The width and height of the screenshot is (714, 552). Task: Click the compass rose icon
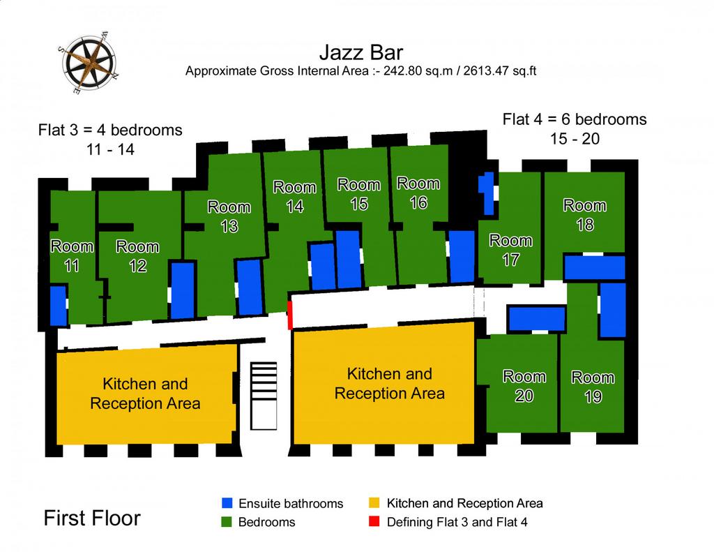pyautogui.click(x=88, y=62)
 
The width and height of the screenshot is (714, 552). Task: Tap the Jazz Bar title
pyautogui.click(x=361, y=52)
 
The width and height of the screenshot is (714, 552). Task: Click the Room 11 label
pyautogui.click(x=72, y=255)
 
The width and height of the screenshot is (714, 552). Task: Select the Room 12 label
pyautogui.click(x=137, y=255)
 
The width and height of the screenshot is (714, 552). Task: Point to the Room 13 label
pyautogui.click(x=229, y=216)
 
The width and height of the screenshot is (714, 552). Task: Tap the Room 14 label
pyautogui.click(x=295, y=197)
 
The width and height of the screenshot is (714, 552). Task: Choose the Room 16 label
pyautogui.click(x=418, y=193)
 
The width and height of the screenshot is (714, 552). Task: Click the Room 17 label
pyautogui.click(x=511, y=250)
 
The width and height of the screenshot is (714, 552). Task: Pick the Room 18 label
pyautogui.click(x=585, y=215)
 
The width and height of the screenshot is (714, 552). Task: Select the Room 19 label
pyautogui.click(x=593, y=387)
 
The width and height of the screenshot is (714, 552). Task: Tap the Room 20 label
pyautogui.click(x=524, y=386)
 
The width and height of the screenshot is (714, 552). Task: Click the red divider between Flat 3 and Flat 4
pyautogui.click(x=289, y=315)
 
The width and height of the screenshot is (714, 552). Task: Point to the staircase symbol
pyautogui.click(x=264, y=396)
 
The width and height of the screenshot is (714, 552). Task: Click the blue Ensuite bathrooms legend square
pyautogui.click(x=227, y=502)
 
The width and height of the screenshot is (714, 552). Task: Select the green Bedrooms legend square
pyautogui.click(x=227, y=522)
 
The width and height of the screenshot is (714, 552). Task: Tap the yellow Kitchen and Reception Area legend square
pyautogui.click(x=374, y=502)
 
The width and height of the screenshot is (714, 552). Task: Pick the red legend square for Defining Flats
pyautogui.click(x=374, y=522)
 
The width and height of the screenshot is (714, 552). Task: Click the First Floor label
pyautogui.click(x=92, y=519)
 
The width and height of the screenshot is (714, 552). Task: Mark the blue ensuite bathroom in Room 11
pyautogui.click(x=58, y=306)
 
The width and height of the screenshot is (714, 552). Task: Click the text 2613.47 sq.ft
pyautogui.click(x=500, y=72)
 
